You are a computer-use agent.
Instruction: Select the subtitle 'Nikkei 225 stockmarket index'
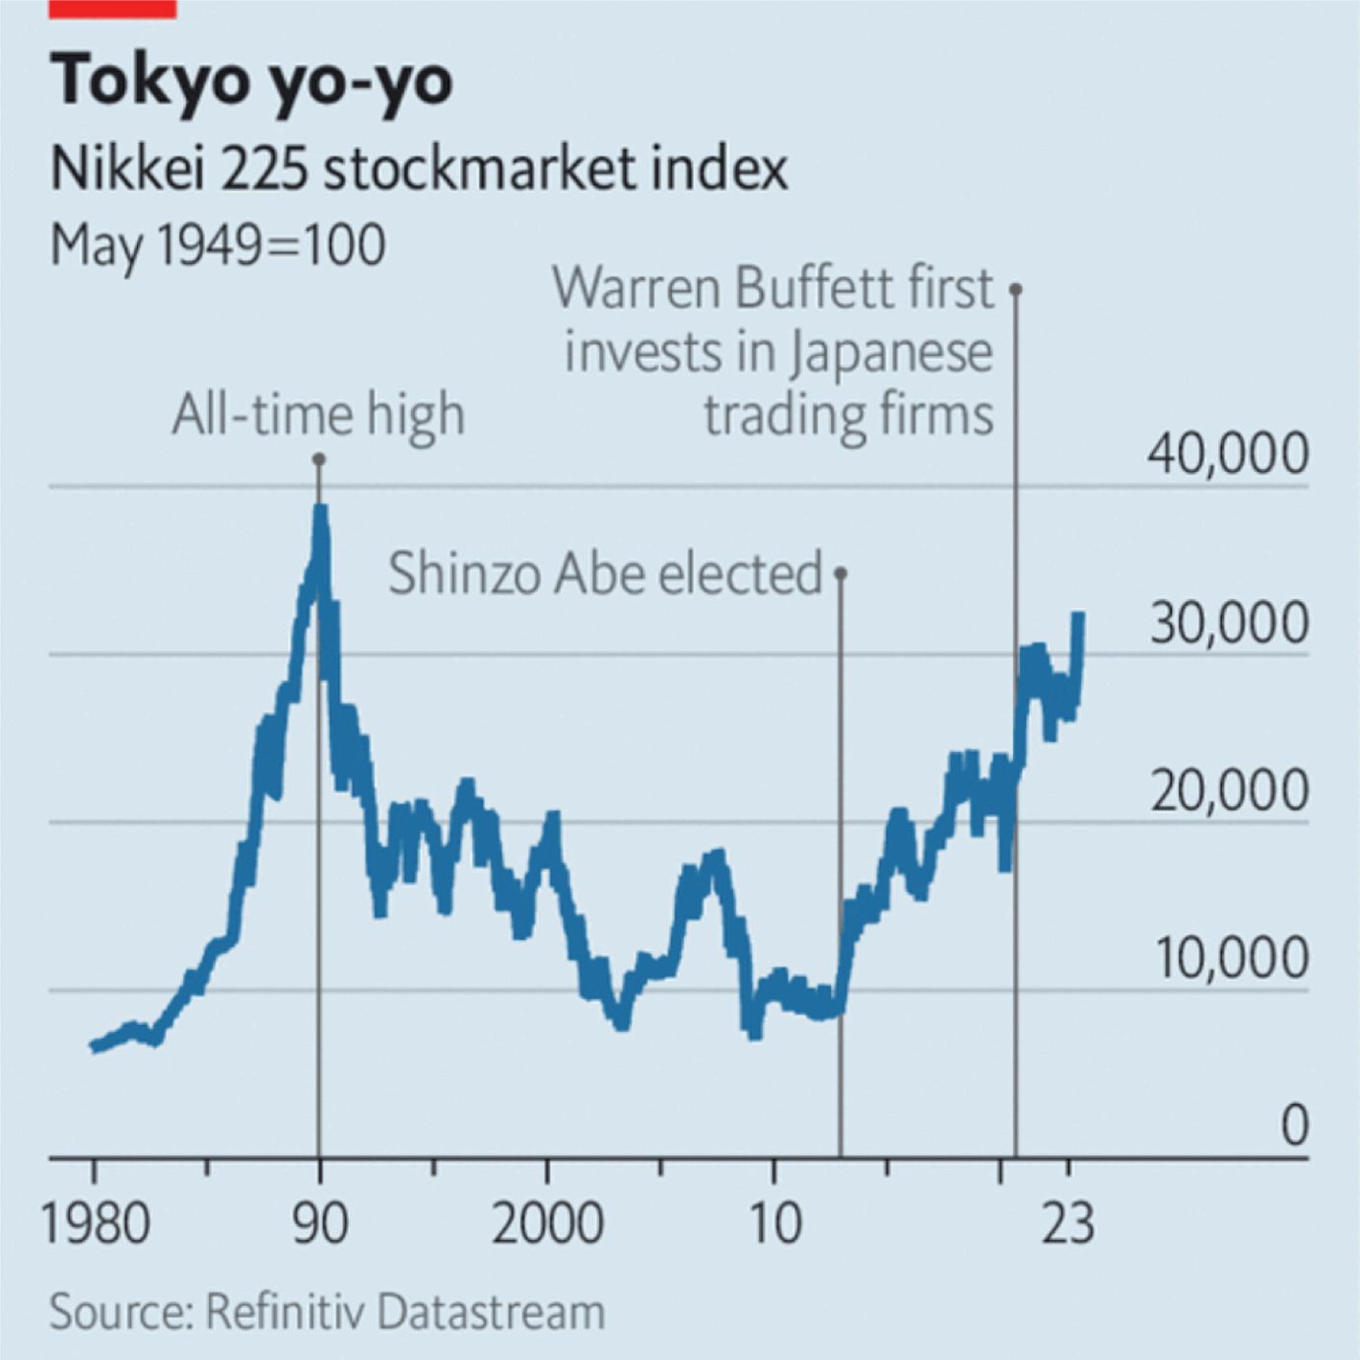coord(419,169)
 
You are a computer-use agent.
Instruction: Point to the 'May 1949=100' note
coord(217,244)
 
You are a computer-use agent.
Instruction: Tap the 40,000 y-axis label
coord(1228,454)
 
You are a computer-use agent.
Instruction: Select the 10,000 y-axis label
coord(1229,958)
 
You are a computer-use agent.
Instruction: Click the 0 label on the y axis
coord(1294,1125)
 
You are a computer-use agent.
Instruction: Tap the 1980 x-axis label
coord(95,1223)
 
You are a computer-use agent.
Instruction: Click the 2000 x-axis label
coord(546,1223)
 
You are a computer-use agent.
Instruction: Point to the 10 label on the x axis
coord(774,1223)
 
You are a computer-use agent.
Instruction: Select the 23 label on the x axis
coord(1067,1223)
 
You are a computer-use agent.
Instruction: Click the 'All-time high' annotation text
coord(317,415)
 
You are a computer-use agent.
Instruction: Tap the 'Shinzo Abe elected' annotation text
coord(604,573)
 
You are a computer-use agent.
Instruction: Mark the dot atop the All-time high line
coord(319,459)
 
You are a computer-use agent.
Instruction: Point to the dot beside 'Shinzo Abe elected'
coord(841,573)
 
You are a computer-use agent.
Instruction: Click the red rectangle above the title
coord(112,8)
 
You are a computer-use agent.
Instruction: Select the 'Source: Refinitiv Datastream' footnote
coord(327,1312)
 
